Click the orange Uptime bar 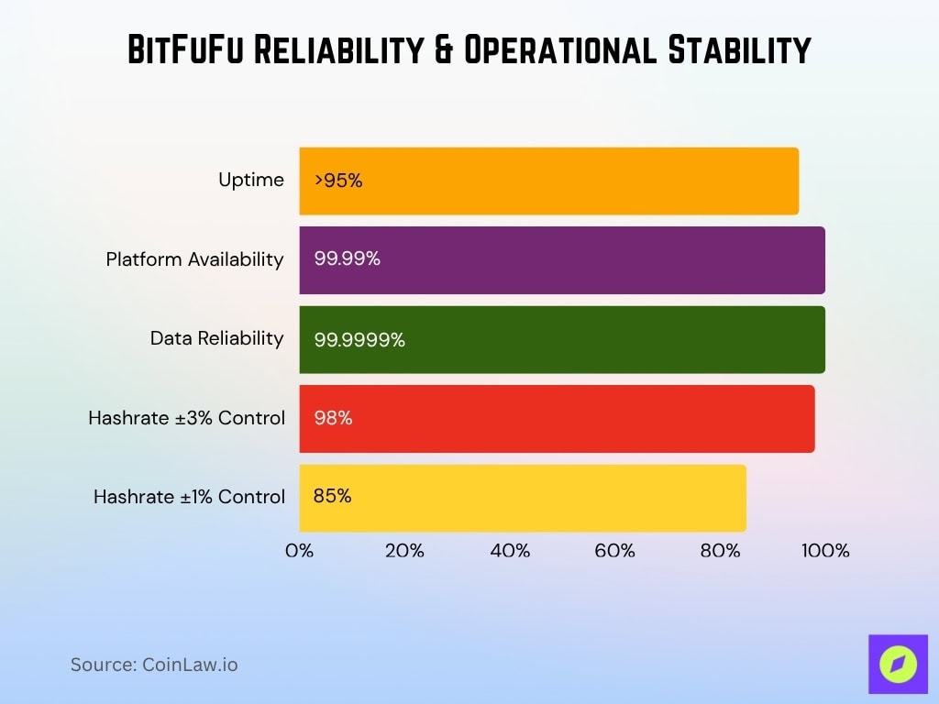tap(550, 181)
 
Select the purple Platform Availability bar tap(561, 260)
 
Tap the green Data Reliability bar tap(561, 339)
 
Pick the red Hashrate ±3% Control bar tap(557, 418)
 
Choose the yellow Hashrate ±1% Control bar tap(523, 498)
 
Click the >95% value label tap(338, 181)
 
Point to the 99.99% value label tap(347, 259)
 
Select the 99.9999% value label tap(359, 339)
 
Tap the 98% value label tap(333, 418)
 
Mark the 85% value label tap(332, 496)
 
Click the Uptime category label tap(250, 180)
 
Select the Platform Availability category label tap(194, 259)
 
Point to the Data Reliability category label tap(216, 338)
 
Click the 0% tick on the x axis tap(300, 551)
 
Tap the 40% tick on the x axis tap(510, 551)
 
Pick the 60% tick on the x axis tap(614, 551)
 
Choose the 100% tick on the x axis tap(825, 551)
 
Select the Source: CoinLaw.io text tap(154, 665)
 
